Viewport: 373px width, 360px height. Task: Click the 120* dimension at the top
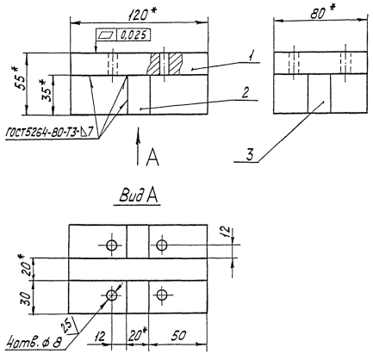(x=140, y=15)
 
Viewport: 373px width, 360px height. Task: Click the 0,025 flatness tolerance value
(x=134, y=34)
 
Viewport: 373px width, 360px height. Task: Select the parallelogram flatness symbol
(x=106, y=35)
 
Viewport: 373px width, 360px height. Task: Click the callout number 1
(x=252, y=55)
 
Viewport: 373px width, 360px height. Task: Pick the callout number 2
(x=245, y=93)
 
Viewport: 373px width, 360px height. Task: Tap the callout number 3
(x=250, y=155)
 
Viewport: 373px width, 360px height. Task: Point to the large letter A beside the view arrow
(x=152, y=158)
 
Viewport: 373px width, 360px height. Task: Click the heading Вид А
(x=138, y=196)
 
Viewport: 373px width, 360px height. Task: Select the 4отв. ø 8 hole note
(x=35, y=343)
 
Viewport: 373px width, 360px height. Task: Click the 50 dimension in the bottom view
(x=178, y=336)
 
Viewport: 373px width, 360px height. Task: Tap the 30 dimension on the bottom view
(x=26, y=299)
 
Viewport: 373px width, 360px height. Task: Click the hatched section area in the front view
(x=165, y=64)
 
